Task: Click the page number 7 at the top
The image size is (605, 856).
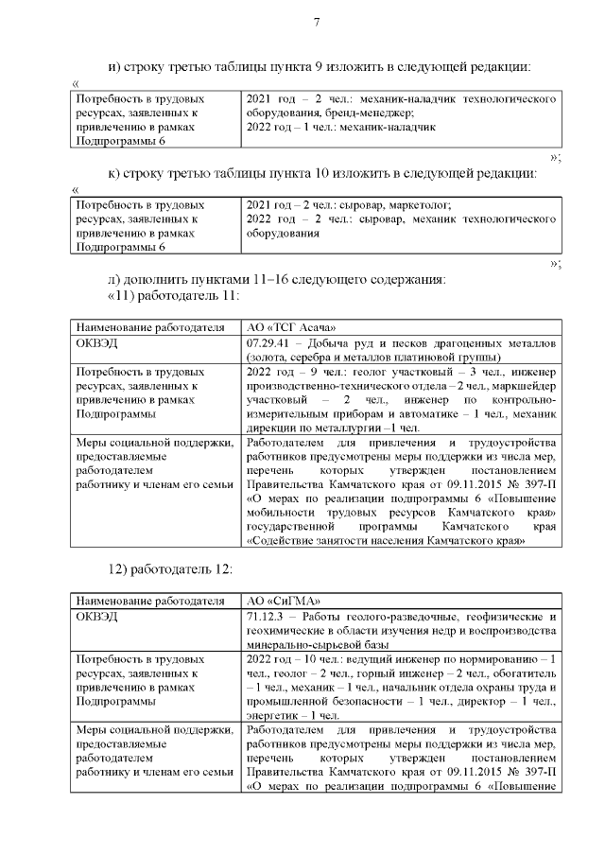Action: (x=317, y=23)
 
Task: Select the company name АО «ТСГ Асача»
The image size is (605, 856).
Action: (x=290, y=328)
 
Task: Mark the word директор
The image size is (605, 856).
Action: (x=489, y=702)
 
